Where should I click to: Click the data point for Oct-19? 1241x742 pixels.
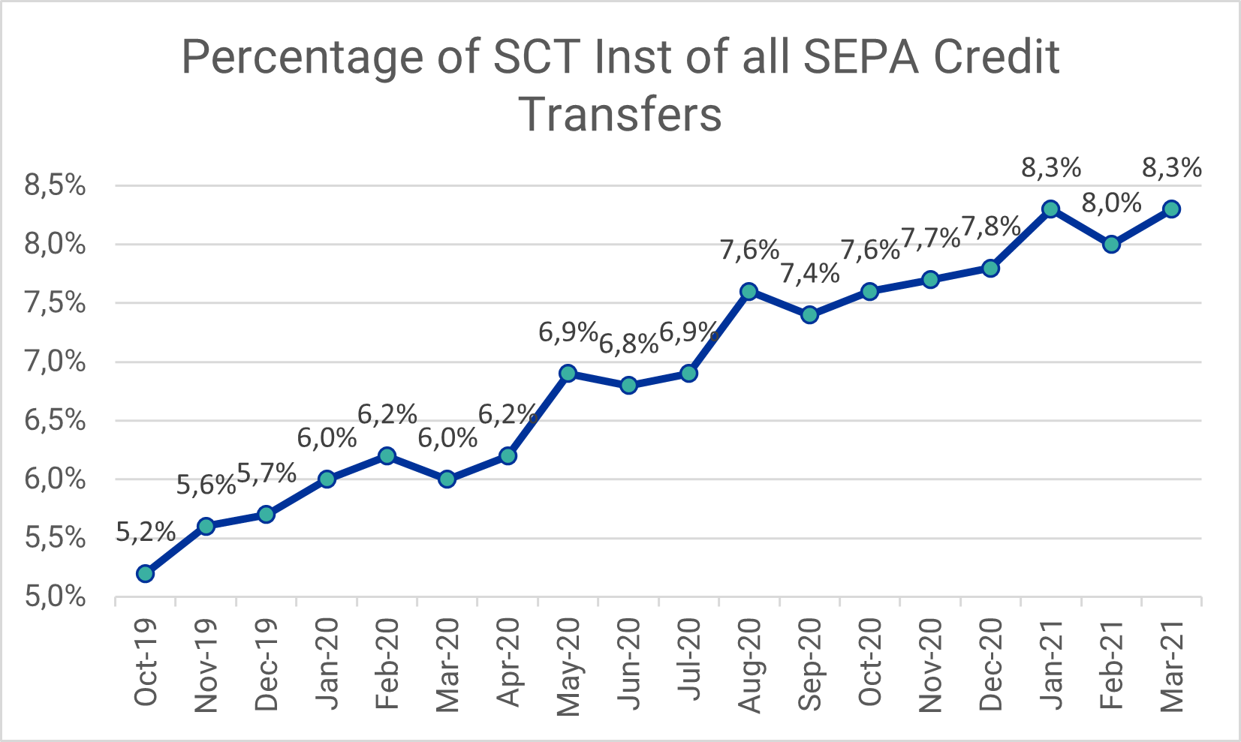[146, 574]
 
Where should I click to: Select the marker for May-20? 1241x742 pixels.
[568, 374]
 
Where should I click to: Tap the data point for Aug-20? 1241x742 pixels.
[749, 291]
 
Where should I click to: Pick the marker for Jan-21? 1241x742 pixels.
[1051, 209]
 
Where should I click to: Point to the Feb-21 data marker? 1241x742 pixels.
[1112, 244]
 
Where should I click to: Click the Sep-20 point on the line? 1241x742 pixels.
[809, 314]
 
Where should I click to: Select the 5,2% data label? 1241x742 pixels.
[146, 533]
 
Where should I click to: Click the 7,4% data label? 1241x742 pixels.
[809, 274]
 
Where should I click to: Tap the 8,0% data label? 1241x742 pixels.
[1112, 203]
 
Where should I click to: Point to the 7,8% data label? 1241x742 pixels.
[991, 227]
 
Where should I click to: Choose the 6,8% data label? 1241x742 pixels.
[628, 344]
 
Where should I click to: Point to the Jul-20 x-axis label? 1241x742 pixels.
[688, 660]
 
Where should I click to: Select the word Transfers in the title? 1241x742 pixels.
[620, 115]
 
